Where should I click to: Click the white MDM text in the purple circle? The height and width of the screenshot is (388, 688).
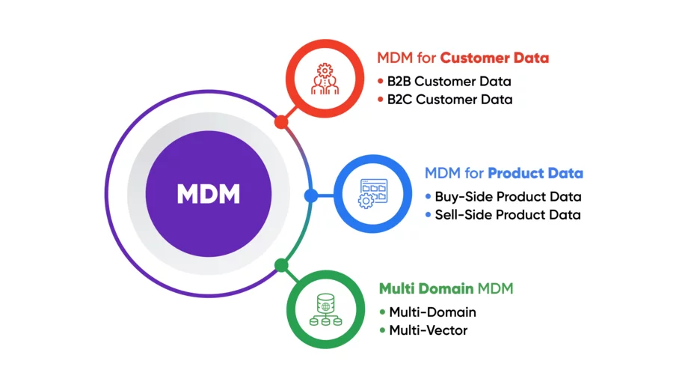click(x=209, y=195)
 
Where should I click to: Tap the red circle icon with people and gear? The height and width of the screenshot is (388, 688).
click(x=325, y=79)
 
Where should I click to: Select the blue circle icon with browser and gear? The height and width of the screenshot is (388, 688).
click(x=372, y=193)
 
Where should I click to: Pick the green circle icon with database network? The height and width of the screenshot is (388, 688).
click(x=325, y=309)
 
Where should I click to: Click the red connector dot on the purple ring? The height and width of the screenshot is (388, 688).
click(x=281, y=122)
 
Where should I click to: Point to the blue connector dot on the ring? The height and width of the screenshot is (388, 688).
click(x=310, y=196)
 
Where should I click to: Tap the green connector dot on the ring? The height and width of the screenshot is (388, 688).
click(x=281, y=265)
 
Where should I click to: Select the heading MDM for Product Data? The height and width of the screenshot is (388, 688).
click(x=503, y=174)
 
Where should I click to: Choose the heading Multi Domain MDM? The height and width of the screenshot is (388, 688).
click(x=446, y=288)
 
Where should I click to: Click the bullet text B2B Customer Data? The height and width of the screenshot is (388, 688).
click(x=449, y=82)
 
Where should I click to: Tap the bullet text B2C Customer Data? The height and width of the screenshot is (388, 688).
click(x=449, y=100)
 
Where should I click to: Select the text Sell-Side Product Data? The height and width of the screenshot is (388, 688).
click(x=507, y=215)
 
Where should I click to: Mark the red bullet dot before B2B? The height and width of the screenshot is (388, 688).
click(x=380, y=82)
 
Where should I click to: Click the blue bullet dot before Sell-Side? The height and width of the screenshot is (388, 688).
click(x=428, y=215)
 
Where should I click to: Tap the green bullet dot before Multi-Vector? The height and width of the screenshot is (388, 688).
click(x=382, y=330)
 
